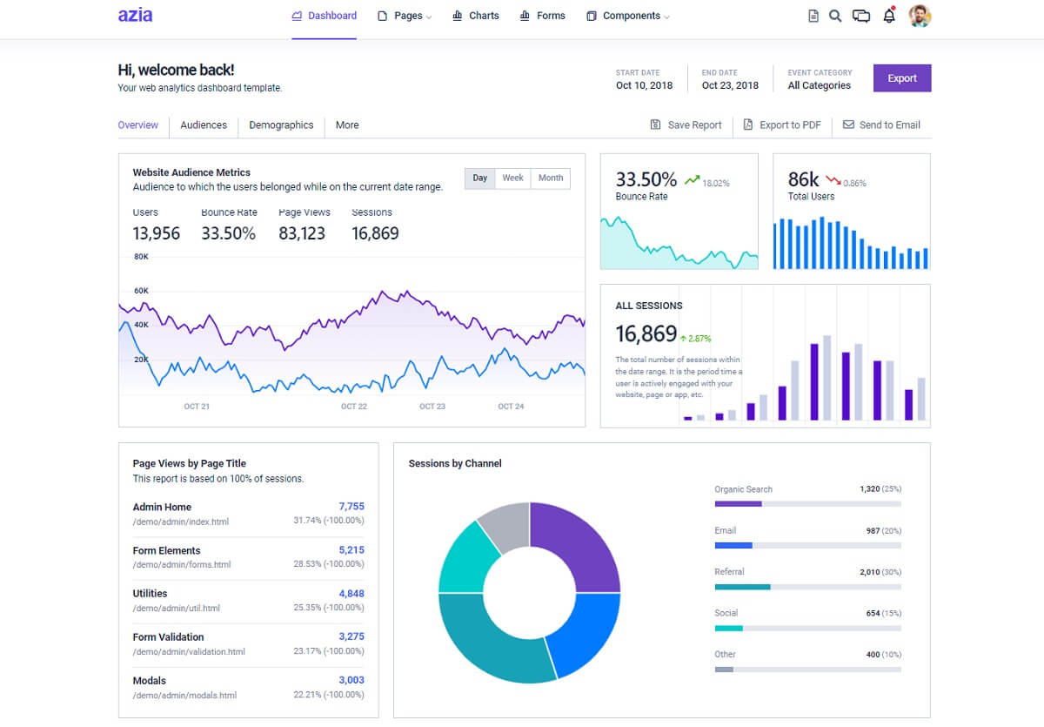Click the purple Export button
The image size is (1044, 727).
click(901, 78)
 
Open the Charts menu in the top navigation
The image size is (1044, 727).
click(476, 16)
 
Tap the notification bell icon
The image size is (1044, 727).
click(888, 16)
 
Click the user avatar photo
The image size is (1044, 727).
click(920, 16)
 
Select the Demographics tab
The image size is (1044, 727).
click(281, 125)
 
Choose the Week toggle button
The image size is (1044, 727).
click(512, 178)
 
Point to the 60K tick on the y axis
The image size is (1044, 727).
click(141, 291)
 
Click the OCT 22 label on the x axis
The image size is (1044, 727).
click(354, 407)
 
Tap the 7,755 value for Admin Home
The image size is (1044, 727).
click(351, 507)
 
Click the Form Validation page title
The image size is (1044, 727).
click(168, 637)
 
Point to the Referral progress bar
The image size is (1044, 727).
click(807, 587)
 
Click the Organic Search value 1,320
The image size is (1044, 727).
click(869, 489)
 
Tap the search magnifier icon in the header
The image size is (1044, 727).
click(835, 16)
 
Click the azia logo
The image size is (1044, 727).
click(135, 15)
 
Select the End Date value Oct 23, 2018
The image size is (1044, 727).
click(730, 85)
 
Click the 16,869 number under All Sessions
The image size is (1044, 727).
click(646, 333)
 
